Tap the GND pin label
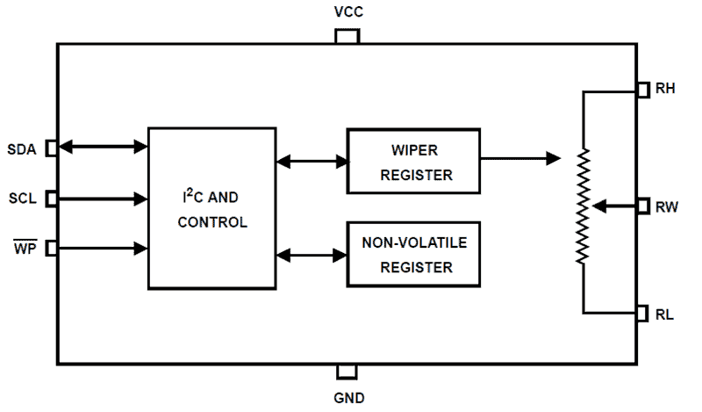tap(348, 397)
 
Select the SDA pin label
tap(21, 149)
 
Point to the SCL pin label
tap(21, 199)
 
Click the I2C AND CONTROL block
tap(211, 208)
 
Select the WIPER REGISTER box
tap(414, 162)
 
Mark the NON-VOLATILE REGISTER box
tap(414, 254)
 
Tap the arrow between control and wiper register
tap(312, 162)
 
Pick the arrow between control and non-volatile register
tap(312, 255)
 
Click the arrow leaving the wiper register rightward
tap(521, 159)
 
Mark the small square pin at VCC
tap(347, 36)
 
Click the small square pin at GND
tap(347, 372)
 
